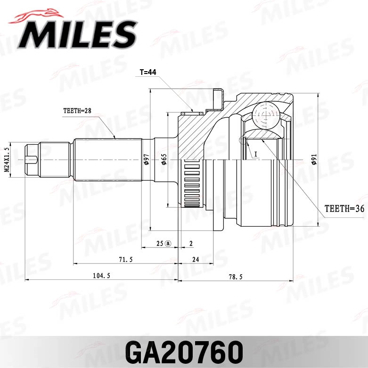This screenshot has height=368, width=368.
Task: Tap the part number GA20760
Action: pyautogui.click(x=184, y=351)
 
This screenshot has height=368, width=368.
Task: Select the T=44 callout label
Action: pyautogui.click(x=147, y=73)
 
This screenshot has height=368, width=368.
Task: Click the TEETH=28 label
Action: pyautogui.click(x=77, y=111)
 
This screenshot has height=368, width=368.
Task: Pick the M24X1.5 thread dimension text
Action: pyautogui.click(x=7, y=160)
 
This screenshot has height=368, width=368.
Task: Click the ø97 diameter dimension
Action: pyautogui.click(x=146, y=160)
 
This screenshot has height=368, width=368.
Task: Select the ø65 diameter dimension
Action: pyautogui.click(x=164, y=160)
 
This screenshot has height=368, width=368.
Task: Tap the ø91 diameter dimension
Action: pyautogui.click(x=314, y=160)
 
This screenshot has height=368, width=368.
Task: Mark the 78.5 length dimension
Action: pyautogui.click(x=235, y=277)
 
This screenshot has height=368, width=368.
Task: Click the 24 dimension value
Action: pyautogui.click(x=196, y=260)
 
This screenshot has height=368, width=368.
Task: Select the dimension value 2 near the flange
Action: pyautogui.click(x=191, y=243)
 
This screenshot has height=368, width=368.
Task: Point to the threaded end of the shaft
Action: pyautogui.click(x=32, y=160)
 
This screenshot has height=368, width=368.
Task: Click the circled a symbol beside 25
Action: pyautogui.click(x=168, y=243)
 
